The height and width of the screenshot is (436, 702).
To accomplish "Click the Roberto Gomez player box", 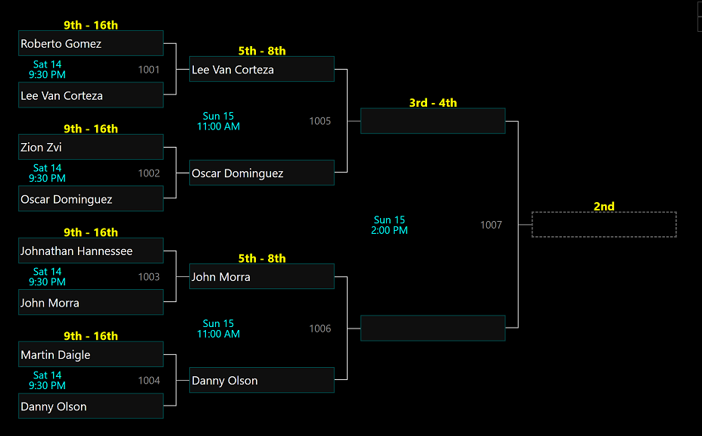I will click(91, 43).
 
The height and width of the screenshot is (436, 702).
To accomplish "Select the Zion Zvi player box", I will click(91, 147).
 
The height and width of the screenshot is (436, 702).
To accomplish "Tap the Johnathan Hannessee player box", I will click(91, 251).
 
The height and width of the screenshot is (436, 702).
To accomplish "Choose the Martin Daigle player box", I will click(91, 354).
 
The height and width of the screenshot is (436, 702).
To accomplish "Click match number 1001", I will click(149, 70).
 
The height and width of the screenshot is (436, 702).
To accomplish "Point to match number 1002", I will click(149, 173).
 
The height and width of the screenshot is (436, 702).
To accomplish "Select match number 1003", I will click(149, 277).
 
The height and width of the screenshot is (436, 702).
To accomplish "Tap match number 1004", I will click(149, 381).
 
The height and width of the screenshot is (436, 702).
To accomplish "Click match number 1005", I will click(320, 121).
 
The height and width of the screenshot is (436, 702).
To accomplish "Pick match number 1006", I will click(320, 329).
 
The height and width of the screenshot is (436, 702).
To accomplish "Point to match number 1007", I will click(491, 225).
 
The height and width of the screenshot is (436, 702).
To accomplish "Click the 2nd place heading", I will click(604, 207).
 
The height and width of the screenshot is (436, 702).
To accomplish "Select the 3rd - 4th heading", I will click(433, 103).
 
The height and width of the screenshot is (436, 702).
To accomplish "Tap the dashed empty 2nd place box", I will click(604, 225).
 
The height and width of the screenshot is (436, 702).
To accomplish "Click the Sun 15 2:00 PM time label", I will click(389, 226).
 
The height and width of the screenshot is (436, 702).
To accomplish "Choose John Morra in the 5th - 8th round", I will click(261, 277).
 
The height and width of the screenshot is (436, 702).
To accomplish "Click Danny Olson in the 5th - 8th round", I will click(261, 381).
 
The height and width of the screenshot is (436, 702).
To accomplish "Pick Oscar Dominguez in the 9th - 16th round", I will click(91, 199).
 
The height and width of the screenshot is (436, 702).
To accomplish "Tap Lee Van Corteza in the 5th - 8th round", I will click(261, 70).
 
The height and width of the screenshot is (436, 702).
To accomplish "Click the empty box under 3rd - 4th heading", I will click(432, 121).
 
